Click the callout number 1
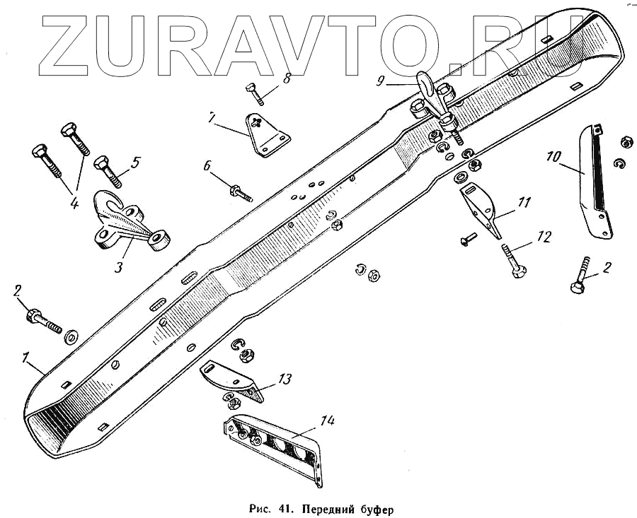point(26,358)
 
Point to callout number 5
point(134,161)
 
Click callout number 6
point(207,165)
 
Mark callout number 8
point(287,78)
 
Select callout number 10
point(553,155)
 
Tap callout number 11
point(524,203)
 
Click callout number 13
point(284,379)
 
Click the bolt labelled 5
point(107,170)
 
